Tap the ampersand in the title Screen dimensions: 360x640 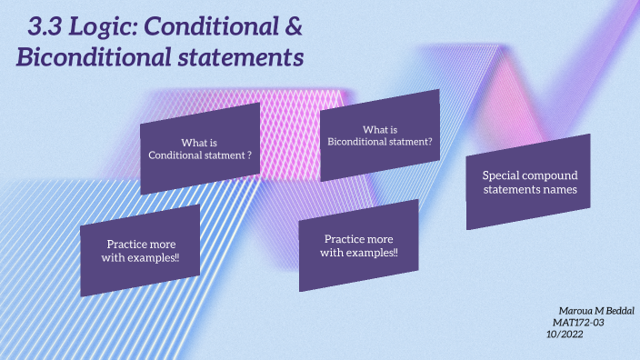292,27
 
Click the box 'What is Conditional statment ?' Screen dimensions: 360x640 200,148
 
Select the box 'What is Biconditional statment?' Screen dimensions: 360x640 380,135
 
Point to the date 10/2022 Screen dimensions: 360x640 564,335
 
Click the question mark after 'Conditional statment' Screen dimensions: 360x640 248,155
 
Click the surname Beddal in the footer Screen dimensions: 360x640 617,311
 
